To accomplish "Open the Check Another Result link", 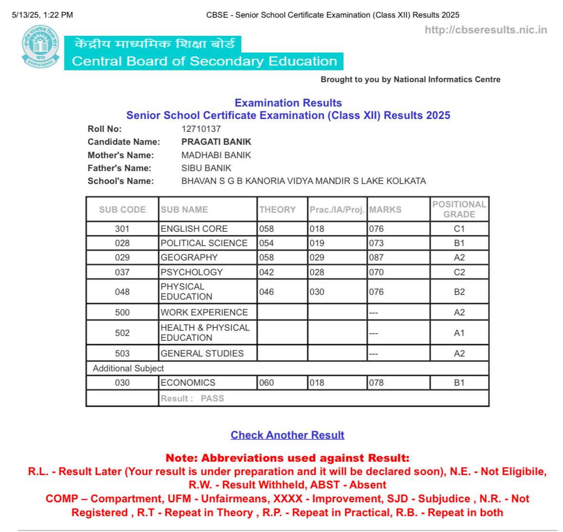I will [x=287, y=435].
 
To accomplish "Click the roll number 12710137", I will [x=201, y=129].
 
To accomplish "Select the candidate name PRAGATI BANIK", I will [x=216, y=141].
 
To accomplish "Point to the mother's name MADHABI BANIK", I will [x=216, y=155].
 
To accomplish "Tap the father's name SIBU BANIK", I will [x=206, y=168].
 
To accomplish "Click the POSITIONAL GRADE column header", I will [x=459, y=209].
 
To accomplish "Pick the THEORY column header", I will [x=277, y=209].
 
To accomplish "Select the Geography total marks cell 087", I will [x=376, y=257].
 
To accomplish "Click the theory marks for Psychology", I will [x=266, y=272].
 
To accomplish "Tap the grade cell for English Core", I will [x=459, y=228].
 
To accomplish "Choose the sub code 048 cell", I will [x=122, y=292].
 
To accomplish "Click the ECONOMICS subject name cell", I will [x=188, y=382].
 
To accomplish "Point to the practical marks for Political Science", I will [x=317, y=243].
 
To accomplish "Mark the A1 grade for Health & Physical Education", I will [x=459, y=333].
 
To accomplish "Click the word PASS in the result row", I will [x=212, y=398].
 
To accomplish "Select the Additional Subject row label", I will [x=128, y=368].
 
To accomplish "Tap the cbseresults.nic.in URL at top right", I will [x=486, y=30].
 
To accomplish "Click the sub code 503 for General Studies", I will [x=122, y=353].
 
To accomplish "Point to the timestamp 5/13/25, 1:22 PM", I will [x=42, y=15].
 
